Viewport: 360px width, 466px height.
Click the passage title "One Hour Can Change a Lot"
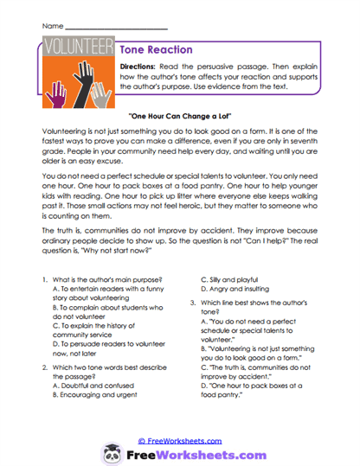click(180, 116)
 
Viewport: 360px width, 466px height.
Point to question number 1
click(43, 281)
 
